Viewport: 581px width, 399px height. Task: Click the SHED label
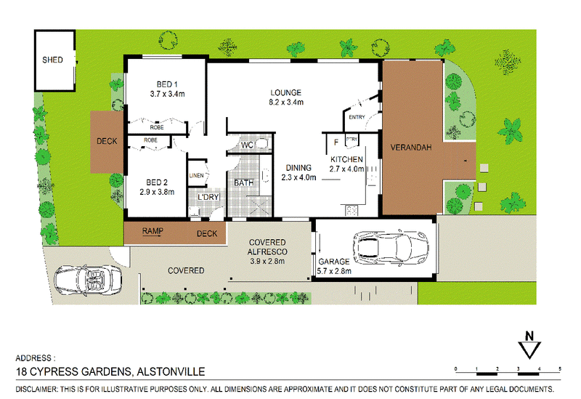pyautogui.click(x=52, y=60)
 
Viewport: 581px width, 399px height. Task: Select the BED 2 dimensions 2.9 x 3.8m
pyautogui.click(x=157, y=192)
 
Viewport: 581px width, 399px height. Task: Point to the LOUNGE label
pyautogui.click(x=285, y=93)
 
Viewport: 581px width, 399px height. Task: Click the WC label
pyautogui.click(x=247, y=145)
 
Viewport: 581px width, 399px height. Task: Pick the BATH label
pyautogui.click(x=244, y=183)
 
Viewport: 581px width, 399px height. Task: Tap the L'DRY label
pyautogui.click(x=208, y=197)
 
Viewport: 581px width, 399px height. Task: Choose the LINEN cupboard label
pyautogui.click(x=196, y=175)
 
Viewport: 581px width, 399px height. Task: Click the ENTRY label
pyautogui.click(x=357, y=117)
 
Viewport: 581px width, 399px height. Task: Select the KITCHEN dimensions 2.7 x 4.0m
pyautogui.click(x=347, y=169)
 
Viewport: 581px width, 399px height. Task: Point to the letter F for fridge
pyautogui.click(x=336, y=142)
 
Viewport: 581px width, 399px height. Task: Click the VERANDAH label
pyautogui.click(x=411, y=148)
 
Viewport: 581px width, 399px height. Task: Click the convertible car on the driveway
pyautogui.click(x=88, y=281)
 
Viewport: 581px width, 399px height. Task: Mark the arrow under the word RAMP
pyautogui.click(x=153, y=235)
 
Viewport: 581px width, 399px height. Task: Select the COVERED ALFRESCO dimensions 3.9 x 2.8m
pyautogui.click(x=267, y=261)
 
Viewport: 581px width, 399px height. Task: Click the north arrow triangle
pyautogui.click(x=529, y=350)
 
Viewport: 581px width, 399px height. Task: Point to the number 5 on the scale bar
pyautogui.click(x=560, y=368)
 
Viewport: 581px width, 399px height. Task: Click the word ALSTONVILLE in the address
pyautogui.click(x=171, y=371)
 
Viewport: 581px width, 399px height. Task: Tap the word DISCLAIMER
pyautogui.click(x=36, y=390)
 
